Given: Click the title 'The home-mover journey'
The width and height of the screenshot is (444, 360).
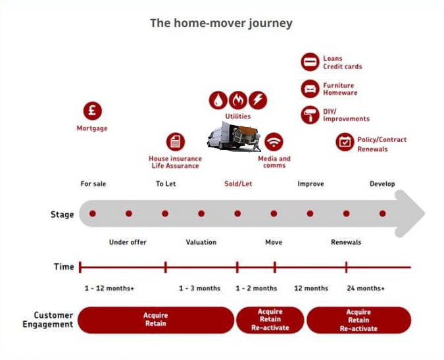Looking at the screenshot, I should tap(221, 23).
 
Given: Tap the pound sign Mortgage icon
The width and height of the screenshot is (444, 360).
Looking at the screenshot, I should tap(92, 111).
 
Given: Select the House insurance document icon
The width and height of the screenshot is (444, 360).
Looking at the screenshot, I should tap(175, 141).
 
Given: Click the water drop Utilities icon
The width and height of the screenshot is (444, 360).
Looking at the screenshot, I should tap(218, 100).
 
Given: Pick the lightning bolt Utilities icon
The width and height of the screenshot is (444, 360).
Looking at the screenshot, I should tap(259, 100).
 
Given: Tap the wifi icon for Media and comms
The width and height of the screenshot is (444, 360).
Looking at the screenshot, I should tap(274, 141).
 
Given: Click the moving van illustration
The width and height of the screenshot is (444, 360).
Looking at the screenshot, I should tap(234, 137).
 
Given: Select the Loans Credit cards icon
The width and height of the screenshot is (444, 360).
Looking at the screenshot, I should tap(310, 63).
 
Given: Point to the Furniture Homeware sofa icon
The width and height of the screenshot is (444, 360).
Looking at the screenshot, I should tap(310, 89).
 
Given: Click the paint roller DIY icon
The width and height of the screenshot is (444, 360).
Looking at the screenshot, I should tap(310, 115).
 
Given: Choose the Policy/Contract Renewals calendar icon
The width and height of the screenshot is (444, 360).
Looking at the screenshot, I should tap(344, 141).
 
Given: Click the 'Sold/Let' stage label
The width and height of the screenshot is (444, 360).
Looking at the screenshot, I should tap(238, 184).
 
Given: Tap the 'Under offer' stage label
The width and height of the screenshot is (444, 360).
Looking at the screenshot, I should tap(128, 242).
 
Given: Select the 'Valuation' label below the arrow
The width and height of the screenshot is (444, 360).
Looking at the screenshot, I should tap(201, 242).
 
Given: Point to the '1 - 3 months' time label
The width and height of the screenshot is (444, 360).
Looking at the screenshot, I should tap(199, 288).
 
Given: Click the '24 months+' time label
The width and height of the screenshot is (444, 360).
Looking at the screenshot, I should tap(366, 288).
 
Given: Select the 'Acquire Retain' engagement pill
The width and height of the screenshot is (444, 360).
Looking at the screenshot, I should tap(156, 320).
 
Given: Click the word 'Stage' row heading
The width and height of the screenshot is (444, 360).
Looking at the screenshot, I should tap(62, 215).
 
